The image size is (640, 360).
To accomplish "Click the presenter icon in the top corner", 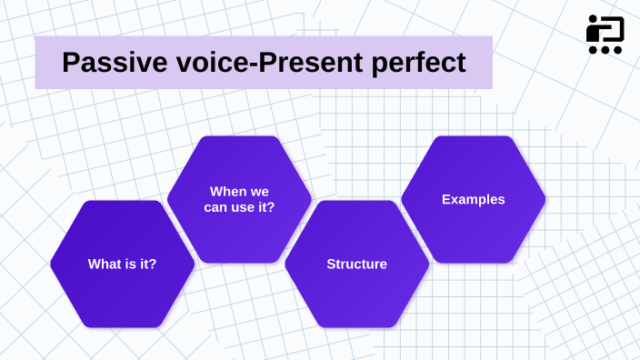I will (605, 35).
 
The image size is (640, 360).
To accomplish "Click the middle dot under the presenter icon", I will (605, 50).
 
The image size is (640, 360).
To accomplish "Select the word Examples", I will (473, 199).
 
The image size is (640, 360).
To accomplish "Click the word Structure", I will (356, 264).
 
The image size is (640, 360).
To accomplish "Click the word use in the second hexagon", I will (243, 207).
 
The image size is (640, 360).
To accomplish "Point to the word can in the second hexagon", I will (215, 207).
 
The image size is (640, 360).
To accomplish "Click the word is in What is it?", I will (130, 264).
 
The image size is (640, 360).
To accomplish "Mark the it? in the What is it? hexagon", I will (147, 264).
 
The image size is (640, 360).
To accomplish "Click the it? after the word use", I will (266, 207).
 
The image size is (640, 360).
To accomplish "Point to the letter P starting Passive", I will (71, 63).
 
